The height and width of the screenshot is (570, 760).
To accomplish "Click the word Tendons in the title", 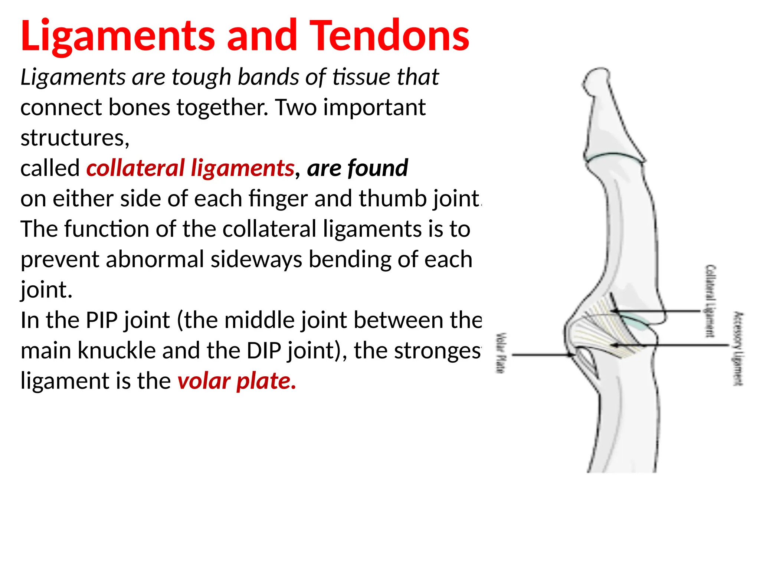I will pyautogui.click(x=389, y=36).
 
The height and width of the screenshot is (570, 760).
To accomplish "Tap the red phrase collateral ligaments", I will pyautogui.click(x=190, y=168).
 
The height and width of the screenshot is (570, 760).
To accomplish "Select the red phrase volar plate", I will pyautogui.click(x=237, y=381).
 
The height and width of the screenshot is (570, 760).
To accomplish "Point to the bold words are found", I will pyautogui.click(x=357, y=168).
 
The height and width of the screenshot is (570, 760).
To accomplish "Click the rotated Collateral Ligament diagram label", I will pyautogui.click(x=710, y=301).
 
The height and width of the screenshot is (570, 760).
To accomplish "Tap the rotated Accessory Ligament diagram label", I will pyautogui.click(x=738, y=348).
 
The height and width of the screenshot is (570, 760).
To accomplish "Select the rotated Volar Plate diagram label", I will pyautogui.click(x=501, y=353).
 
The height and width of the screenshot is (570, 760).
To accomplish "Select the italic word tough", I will pyautogui.click(x=201, y=77).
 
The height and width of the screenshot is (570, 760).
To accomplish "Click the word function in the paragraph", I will pyautogui.click(x=107, y=229).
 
